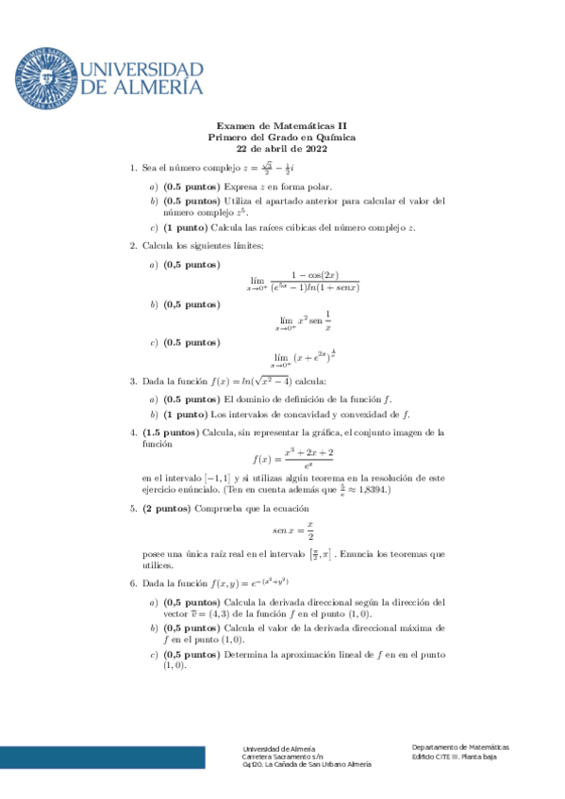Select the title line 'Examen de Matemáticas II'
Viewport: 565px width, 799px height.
[282, 125]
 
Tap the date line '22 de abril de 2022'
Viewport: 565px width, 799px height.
[282, 148]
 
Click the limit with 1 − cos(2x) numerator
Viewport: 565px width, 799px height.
[304, 281]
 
